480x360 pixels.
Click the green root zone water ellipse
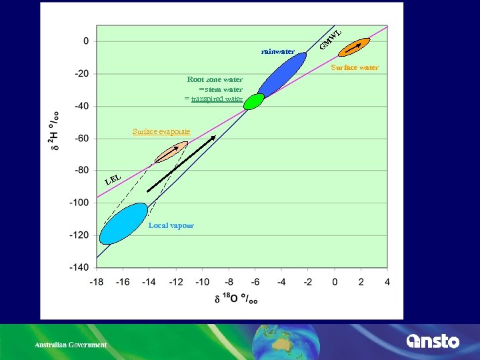(x=254, y=101)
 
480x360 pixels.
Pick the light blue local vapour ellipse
(x=123, y=223)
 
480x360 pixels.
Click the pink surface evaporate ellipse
(x=171, y=153)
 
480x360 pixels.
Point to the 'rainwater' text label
(x=278, y=51)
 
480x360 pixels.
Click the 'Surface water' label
(x=355, y=67)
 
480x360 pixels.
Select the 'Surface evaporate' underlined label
(x=161, y=131)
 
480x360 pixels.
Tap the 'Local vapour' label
(x=171, y=225)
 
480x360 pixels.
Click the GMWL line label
(x=330, y=39)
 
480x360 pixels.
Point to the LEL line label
(x=113, y=179)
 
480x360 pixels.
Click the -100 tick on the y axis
(x=80, y=202)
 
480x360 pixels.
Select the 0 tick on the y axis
(x=86, y=41)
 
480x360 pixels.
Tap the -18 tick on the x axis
(x=96, y=282)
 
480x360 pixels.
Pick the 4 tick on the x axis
(x=387, y=282)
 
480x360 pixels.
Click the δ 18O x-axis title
(x=237, y=299)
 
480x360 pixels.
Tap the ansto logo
(x=433, y=341)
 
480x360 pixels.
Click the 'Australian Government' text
(x=71, y=345)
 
